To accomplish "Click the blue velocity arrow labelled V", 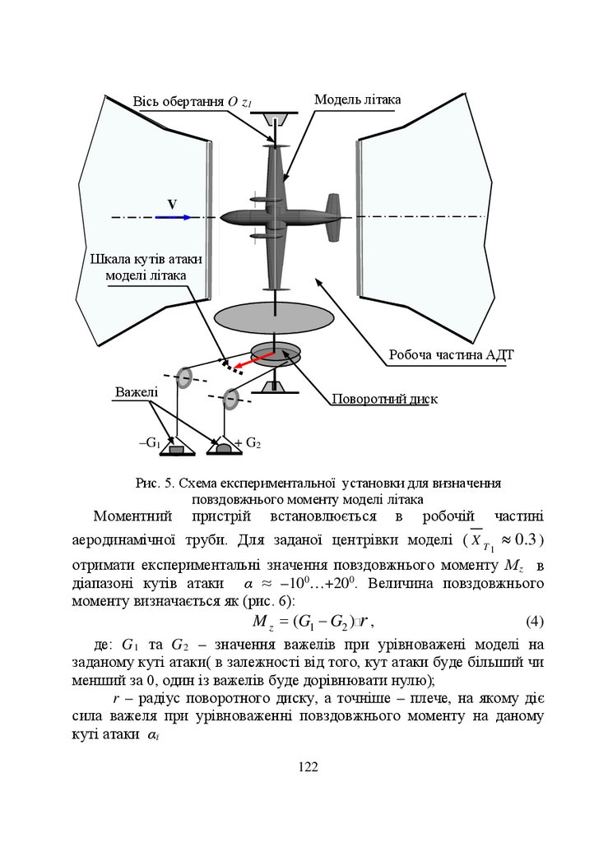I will point(174,217).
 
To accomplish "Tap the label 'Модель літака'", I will point(357,99).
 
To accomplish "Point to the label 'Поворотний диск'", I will point(384,400).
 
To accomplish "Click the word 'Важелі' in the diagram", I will point(137,392).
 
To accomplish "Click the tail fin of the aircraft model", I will point(332,216).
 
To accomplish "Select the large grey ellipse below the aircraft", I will point(273,317).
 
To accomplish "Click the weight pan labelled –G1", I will point(175,449).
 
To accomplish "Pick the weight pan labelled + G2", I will point(222,448).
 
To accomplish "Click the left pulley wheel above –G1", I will point(184,377).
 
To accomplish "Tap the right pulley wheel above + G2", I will point(232,400).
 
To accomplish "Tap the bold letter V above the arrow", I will point(172,204).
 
